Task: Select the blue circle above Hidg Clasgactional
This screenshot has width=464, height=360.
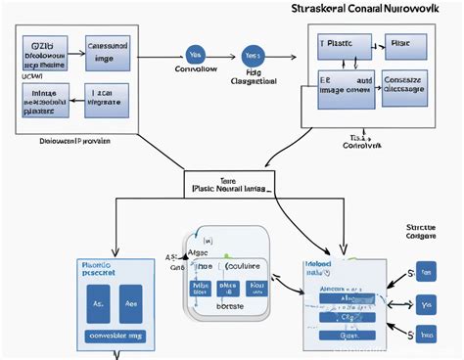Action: point(253,57)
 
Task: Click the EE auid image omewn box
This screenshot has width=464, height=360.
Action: point(345,84)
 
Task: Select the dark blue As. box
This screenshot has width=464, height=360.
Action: point(99,305)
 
